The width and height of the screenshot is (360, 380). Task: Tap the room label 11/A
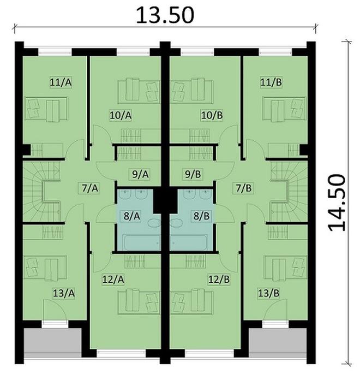pos(61,82)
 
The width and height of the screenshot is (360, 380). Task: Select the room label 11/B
pos(271,82)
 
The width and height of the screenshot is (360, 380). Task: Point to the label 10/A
pos(121,115)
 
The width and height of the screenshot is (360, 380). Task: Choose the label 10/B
pos(212,115)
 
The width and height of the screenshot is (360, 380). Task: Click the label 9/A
pos(140,175)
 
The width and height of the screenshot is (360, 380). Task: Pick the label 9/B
pos(192,175)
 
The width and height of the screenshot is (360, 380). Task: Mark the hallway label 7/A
pos(89,188)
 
